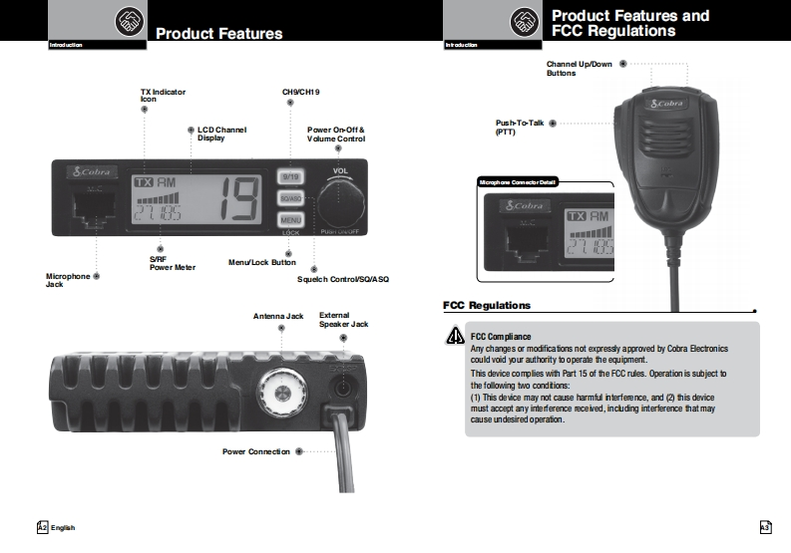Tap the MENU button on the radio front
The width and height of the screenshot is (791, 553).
[x=291, y=219]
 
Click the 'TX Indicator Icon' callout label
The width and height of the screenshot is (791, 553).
[x=163, y=96]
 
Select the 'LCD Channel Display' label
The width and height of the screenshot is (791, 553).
[x=221, y=134]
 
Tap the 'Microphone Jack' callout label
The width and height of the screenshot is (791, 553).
[x=68, y=280]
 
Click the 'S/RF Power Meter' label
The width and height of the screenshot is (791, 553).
[x=172, y=263]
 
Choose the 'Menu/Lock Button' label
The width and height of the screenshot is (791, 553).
[x=261, y=262]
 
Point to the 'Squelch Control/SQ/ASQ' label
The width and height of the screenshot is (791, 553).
[x=342, y=279]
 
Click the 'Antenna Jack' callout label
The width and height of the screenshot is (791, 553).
[x=278, y=316]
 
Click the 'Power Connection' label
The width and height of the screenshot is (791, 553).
[x=256, y=451]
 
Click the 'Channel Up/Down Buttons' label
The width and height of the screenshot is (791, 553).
[x=579, y=68]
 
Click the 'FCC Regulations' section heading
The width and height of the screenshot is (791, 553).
[x=487, y=305]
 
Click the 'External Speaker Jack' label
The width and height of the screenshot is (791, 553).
[x=343, y=320]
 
